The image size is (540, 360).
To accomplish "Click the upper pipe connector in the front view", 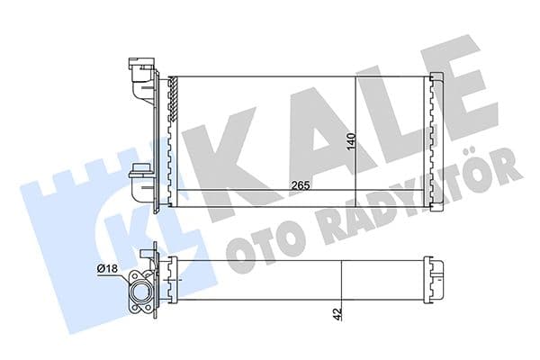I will coord(140,71).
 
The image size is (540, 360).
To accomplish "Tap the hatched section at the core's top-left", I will coord(170,99).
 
